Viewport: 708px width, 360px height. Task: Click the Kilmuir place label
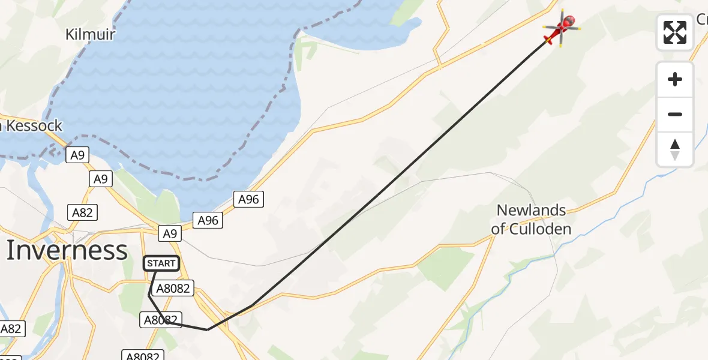(90, 34)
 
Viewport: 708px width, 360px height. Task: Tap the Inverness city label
(67, 250)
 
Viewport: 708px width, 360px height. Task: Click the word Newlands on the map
(531, 210)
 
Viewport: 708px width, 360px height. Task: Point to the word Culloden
(539, 229)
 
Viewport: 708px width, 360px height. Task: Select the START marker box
(161, 263)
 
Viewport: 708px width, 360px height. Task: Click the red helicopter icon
(562, 27)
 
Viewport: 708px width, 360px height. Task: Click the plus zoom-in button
(675, 79)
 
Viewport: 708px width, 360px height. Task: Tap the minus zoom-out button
(675, 114)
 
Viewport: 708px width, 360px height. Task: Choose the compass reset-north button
(675, 149)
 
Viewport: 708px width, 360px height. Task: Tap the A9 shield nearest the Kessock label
(77, 155)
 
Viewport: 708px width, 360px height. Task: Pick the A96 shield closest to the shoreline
(248, 199)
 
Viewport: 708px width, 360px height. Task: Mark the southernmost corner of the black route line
(207, 329)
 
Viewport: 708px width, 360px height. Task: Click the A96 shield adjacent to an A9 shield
(208, 221)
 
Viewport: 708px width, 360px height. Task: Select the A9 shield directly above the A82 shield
(101, 179)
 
